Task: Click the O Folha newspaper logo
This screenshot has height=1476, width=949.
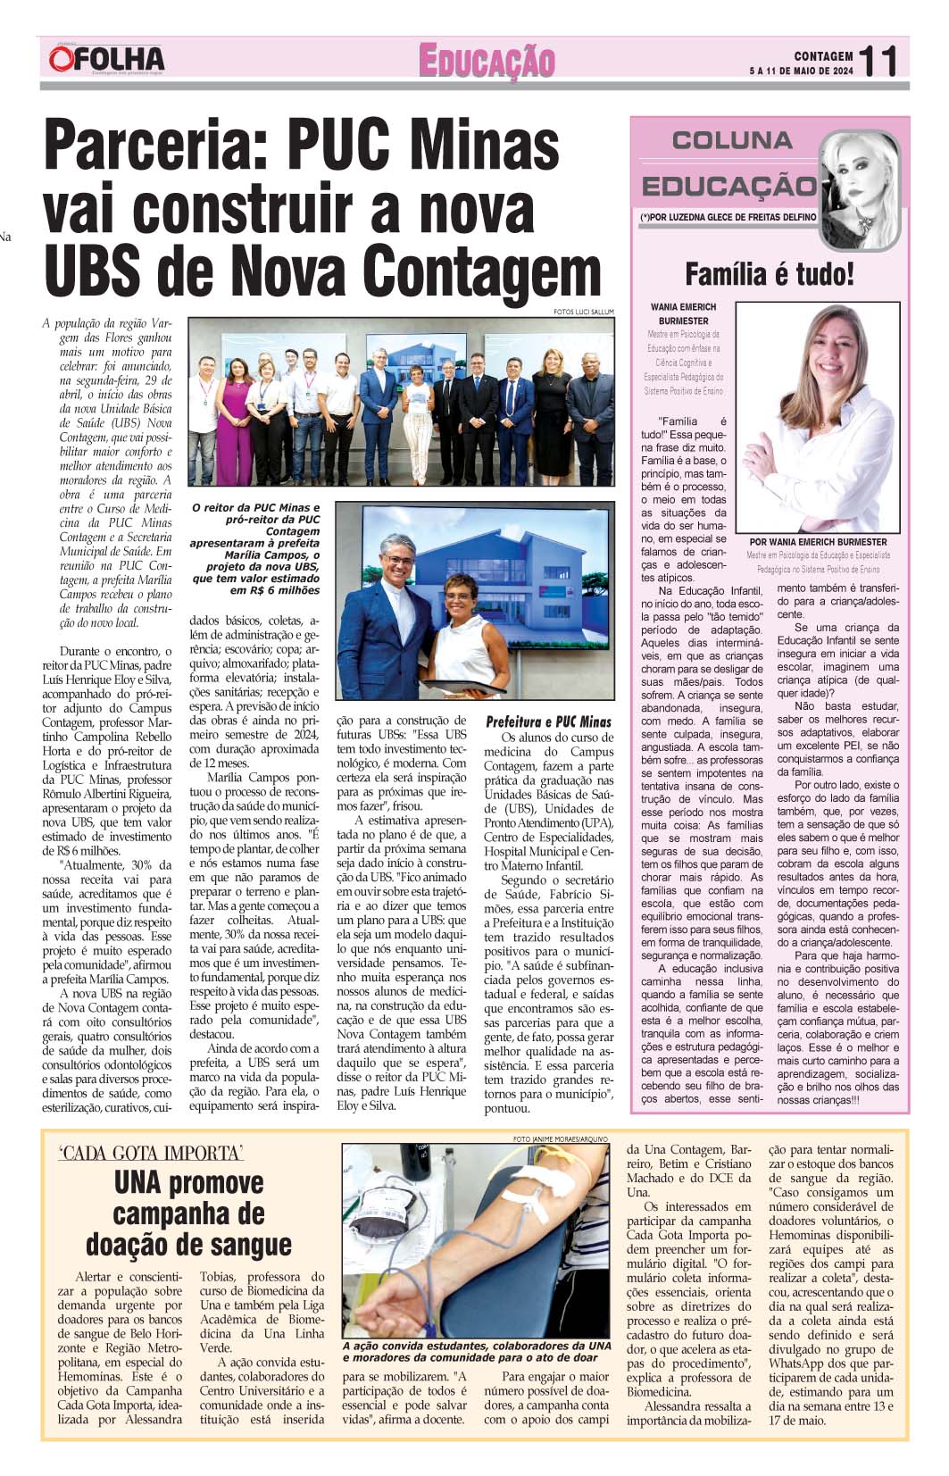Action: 107,59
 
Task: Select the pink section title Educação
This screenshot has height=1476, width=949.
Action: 487,63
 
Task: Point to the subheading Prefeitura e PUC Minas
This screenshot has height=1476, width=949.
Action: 548,721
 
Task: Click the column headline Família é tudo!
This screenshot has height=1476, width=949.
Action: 769,273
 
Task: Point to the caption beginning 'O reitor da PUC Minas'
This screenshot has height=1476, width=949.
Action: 255,548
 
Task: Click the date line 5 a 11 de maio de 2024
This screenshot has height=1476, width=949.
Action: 800,71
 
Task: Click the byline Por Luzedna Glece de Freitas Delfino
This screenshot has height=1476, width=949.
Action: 728,217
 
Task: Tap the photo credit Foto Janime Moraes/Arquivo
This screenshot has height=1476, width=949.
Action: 560,1139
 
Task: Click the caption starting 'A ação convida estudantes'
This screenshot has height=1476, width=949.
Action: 477,1351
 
